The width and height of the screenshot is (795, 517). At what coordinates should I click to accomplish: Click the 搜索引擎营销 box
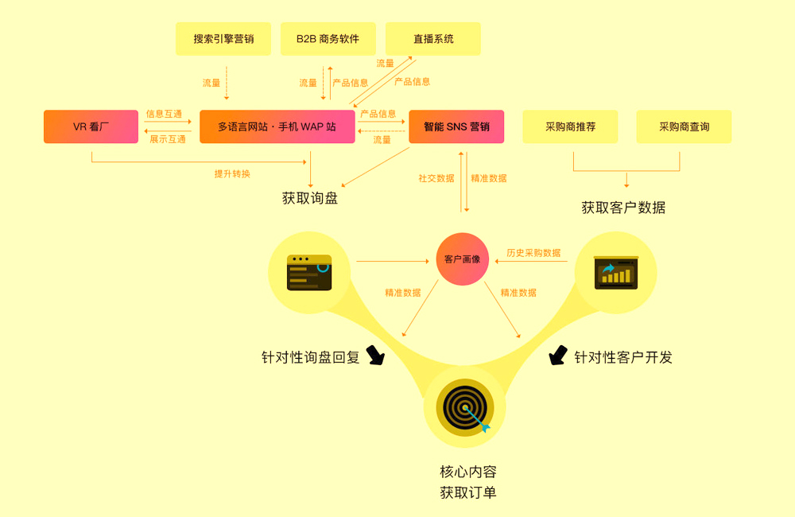pos(223,39)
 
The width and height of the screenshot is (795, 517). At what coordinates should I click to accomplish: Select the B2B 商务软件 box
pos(328,39)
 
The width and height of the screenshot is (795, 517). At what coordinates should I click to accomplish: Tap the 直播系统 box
pos(433,39)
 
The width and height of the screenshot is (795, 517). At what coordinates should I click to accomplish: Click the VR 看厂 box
pos(91,126)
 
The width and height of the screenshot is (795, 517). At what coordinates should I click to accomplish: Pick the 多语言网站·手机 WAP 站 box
pos(277,126)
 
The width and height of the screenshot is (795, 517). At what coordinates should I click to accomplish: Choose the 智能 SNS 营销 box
pos(456,126)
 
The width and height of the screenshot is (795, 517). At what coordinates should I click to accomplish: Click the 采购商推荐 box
pos(570,126)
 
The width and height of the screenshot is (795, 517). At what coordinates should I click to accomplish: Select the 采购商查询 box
pos(684,126)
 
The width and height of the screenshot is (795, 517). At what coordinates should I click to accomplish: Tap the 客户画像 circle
pos(462,259)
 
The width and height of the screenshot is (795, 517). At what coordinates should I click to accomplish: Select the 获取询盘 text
pos(310,198)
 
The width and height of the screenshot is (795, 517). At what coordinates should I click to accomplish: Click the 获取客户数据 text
pos(623,208)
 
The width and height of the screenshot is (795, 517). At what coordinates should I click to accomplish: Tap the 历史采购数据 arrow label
pos(533,253)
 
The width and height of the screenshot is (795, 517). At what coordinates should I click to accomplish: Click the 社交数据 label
pos(436,178)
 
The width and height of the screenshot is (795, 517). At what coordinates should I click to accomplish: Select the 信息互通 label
pos(164,114)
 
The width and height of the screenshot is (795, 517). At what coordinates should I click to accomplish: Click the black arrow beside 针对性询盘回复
pos(374,356)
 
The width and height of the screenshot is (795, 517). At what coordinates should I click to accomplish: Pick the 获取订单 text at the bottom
pos(468,492)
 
